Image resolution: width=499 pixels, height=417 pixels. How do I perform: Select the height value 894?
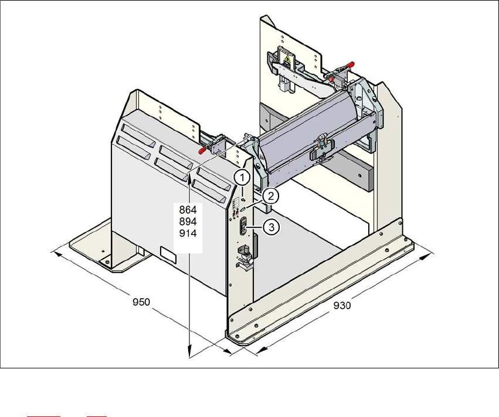tap(189, 221)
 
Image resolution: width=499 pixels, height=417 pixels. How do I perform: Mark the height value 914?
tap(189, 233)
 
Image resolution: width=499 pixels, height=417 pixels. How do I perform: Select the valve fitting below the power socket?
tap(244, 256)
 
